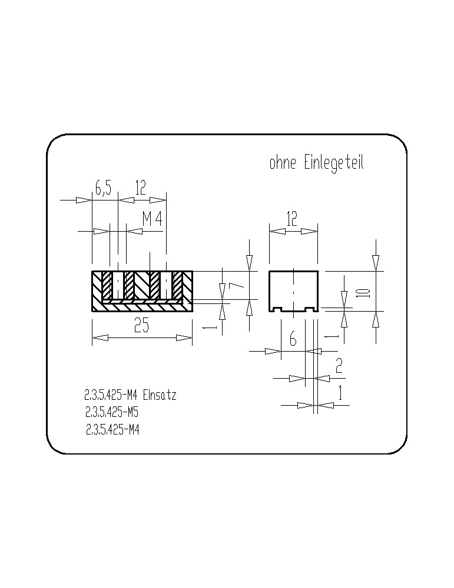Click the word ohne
283,163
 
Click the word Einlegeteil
334,164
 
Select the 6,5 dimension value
103,188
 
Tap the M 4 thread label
152,219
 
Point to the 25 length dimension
141,325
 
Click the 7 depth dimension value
236,285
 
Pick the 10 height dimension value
364,292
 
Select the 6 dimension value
293,339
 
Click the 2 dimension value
339,366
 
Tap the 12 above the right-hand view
291,219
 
